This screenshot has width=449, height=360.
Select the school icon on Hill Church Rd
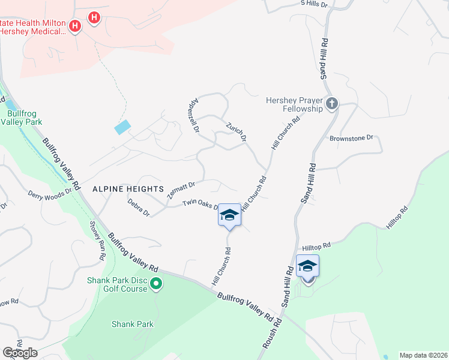229,215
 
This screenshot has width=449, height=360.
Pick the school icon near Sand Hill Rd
307,266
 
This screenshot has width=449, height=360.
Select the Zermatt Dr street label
182,190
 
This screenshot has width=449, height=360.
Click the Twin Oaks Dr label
200,205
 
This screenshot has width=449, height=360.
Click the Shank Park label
133,324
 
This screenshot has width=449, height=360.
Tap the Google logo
20,353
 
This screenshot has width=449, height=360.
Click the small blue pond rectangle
122,127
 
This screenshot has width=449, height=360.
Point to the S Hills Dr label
315,4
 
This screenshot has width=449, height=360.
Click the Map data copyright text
423,355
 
